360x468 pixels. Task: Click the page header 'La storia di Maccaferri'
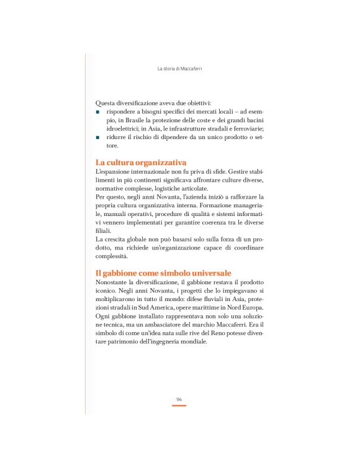tap(179, 69)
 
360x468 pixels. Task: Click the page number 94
tap(179, 398)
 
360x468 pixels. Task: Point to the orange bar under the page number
tap(179, 405)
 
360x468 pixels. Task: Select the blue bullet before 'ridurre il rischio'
tap(98, 137)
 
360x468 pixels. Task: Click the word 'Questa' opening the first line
tap(106, 102)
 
